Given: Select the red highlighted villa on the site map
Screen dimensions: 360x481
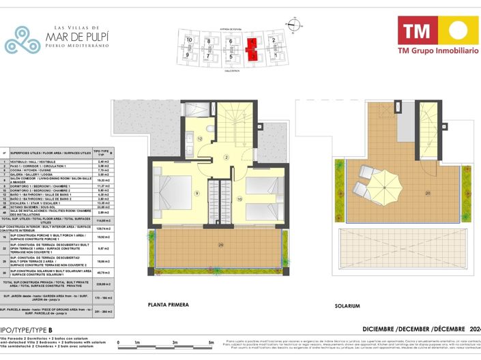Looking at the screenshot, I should (x=252, y=49).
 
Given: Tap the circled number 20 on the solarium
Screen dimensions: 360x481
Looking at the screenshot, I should (x=428, y=192).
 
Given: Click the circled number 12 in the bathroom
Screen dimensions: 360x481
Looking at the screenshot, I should (x=200, y=138).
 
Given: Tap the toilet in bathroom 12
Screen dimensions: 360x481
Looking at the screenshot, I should (x=210, y=127).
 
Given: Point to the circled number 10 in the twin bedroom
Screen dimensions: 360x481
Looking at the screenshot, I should (x=239, y=199).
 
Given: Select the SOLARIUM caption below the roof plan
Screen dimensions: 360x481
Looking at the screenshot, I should (x=347, y=306).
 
